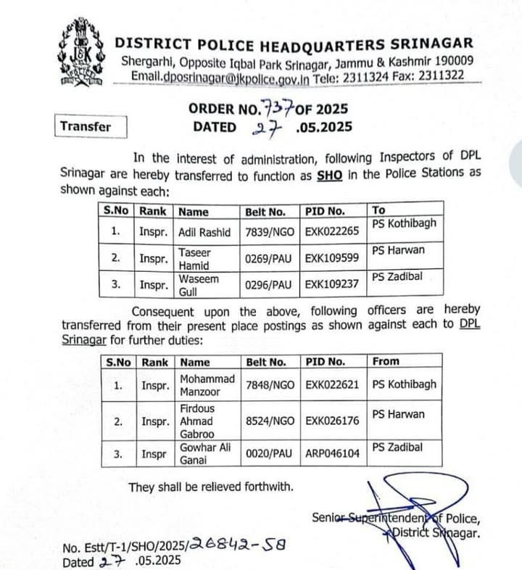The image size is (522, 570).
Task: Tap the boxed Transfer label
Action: tap(86, 126)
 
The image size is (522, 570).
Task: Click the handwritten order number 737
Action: tap(278, 109)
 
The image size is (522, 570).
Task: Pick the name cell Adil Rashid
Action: tap(204, 232)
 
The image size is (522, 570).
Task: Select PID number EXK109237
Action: tap(332, 284)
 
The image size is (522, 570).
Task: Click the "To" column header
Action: tap(379, 211)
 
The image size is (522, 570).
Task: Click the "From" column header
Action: tap(385, 361)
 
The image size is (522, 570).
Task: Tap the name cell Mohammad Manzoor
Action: tap(207, 385)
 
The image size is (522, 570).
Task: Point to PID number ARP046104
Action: tap(332, 453)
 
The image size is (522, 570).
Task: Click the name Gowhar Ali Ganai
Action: tap(204, 453)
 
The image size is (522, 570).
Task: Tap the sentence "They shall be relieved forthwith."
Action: tap(211, 487)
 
